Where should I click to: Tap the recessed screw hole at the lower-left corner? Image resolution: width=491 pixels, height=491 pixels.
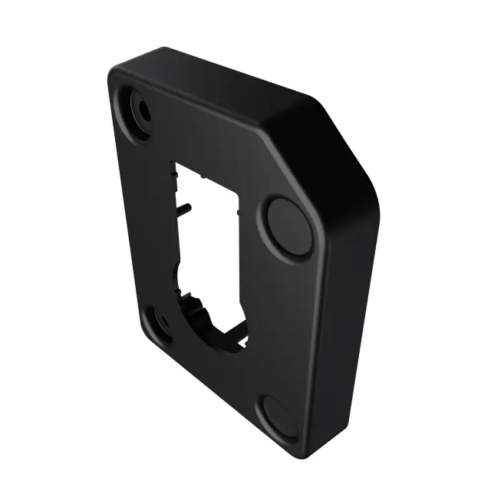point(161,325)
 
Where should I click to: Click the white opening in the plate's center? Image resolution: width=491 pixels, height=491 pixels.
point(209,230)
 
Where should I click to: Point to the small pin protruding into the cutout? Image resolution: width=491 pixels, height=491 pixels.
point(186,205)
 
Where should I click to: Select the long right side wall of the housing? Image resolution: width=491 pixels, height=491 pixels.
point(349,322)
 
